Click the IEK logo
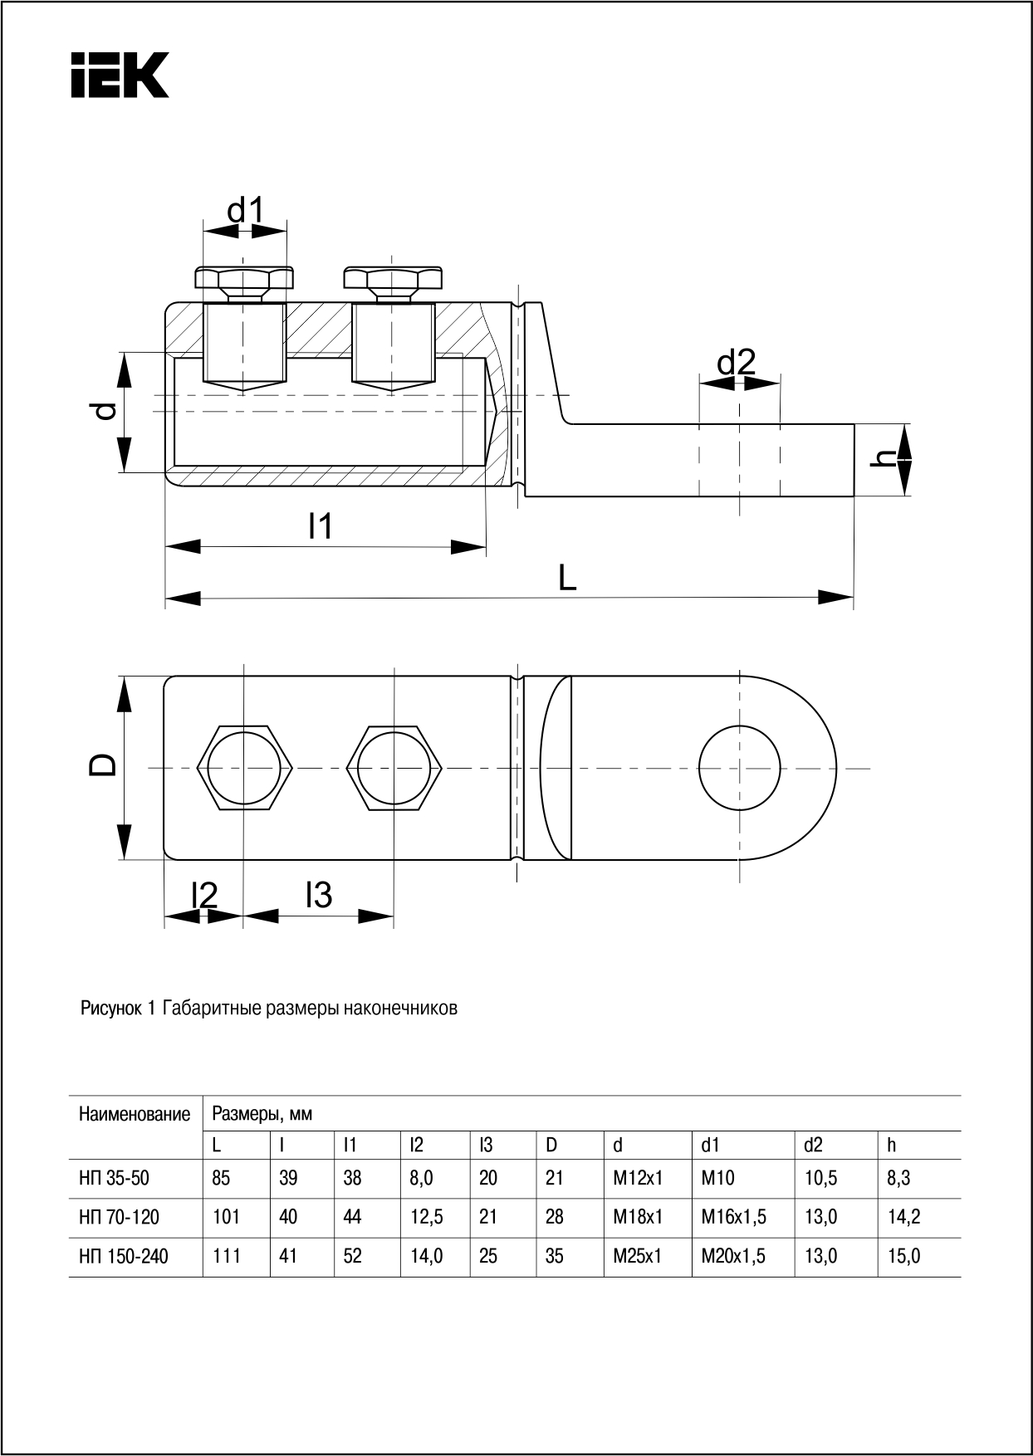coord(120,75)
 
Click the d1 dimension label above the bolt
coord(245,211)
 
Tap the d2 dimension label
coord(737,363)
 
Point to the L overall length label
coord(567,578)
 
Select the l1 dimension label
coord(320,526)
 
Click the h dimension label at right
coord(888,457)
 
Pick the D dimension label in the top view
coord(104,765)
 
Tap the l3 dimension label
coord(319,895)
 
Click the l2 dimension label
coord(203,895)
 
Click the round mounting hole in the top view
coord(740,766)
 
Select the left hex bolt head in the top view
coord(245,766)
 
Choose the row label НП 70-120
coord(120,1217)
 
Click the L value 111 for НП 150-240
coord(227,1257)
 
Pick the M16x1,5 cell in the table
coord(733,1217)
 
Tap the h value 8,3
coord(898,1178)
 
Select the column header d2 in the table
coord(813,1146)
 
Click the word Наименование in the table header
coord(135,1114)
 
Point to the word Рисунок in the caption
coord(110,1009)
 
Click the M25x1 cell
coord(637,1257)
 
